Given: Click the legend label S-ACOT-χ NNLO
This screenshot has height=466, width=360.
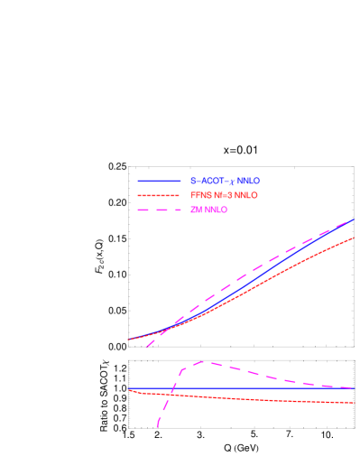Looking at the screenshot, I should pyautogui.click(x=225, y=182).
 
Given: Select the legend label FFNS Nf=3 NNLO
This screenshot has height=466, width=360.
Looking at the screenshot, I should pyautogui.click(x=224, y=196).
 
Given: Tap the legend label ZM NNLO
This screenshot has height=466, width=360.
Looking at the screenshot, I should pyautogui.click(x=208, y=210).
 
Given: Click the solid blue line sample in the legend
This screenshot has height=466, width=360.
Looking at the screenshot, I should pyautogui.click(x=160, y=182).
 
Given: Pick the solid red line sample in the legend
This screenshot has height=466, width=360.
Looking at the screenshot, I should pyautogui.click(x=160, y=196).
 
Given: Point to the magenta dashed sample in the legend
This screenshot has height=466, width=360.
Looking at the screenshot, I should pyautogui.click(x=160, y=210).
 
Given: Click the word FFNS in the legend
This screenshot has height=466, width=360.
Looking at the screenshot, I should pyautogui.click(x=200, y=196).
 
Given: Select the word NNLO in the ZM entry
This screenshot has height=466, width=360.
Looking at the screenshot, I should pyautogui.click(x=216, y=210).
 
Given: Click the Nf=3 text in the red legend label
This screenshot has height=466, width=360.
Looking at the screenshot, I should pyautogui.click(x=223, y=196).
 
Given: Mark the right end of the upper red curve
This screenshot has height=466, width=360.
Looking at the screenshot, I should pyautogui.click(x=354, y=238).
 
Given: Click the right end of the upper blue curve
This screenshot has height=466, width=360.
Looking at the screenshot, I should pyautogui.click(x=354, y=219).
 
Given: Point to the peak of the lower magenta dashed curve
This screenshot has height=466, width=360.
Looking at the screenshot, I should pyautogui.click(x=200, y=362).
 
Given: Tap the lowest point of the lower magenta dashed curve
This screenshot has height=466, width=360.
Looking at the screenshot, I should pyautogui.click(x=157, y=427).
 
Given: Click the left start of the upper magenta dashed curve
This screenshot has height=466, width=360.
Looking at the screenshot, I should pyautogui.click(x=145, y=348).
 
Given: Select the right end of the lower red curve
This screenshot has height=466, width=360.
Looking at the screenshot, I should pyautogui.click(x=354, y=403).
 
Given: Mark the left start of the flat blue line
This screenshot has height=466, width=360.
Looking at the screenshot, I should pyautogui.click(x=128, y=389).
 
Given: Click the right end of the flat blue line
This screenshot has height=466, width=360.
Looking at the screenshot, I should pyautogui.click(x=354, y=389).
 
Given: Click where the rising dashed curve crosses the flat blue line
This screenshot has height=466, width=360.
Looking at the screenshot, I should pyautogui.click(x=171, y=389).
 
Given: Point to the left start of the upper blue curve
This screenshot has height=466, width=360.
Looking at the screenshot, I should pyautogui.click(x=128, y=340).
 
